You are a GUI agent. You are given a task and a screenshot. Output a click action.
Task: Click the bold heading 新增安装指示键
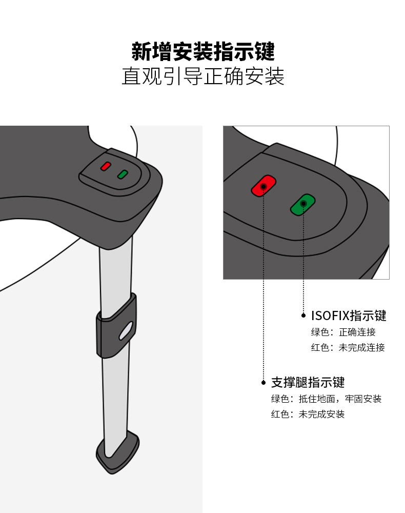(202, 51)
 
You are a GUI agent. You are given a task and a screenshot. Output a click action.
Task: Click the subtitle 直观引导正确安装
(202, 76)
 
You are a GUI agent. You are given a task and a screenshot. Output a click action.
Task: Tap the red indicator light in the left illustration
(106, 166)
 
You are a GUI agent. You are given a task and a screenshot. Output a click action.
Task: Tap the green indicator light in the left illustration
(123, 174)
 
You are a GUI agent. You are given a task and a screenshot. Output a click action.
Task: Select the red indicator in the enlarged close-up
(264, 186)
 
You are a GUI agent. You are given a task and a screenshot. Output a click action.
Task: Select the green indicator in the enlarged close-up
(302, 205)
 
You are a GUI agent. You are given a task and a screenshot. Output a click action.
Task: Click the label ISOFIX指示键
(349, 315)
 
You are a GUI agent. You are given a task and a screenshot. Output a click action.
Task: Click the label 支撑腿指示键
(308, 382)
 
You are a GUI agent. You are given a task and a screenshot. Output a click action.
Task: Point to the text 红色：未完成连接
(348, 347)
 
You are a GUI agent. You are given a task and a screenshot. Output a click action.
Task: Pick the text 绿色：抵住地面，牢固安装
(326, 399)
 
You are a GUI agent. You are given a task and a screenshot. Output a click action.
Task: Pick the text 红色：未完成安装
(308, 414)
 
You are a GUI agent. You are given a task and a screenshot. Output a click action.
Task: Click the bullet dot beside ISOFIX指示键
(303, 315)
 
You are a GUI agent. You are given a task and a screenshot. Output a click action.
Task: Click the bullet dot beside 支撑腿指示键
(264, 382)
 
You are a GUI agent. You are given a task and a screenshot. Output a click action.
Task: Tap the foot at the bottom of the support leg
(118, 452)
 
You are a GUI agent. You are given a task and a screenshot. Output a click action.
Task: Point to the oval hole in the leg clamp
(126, 331)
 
